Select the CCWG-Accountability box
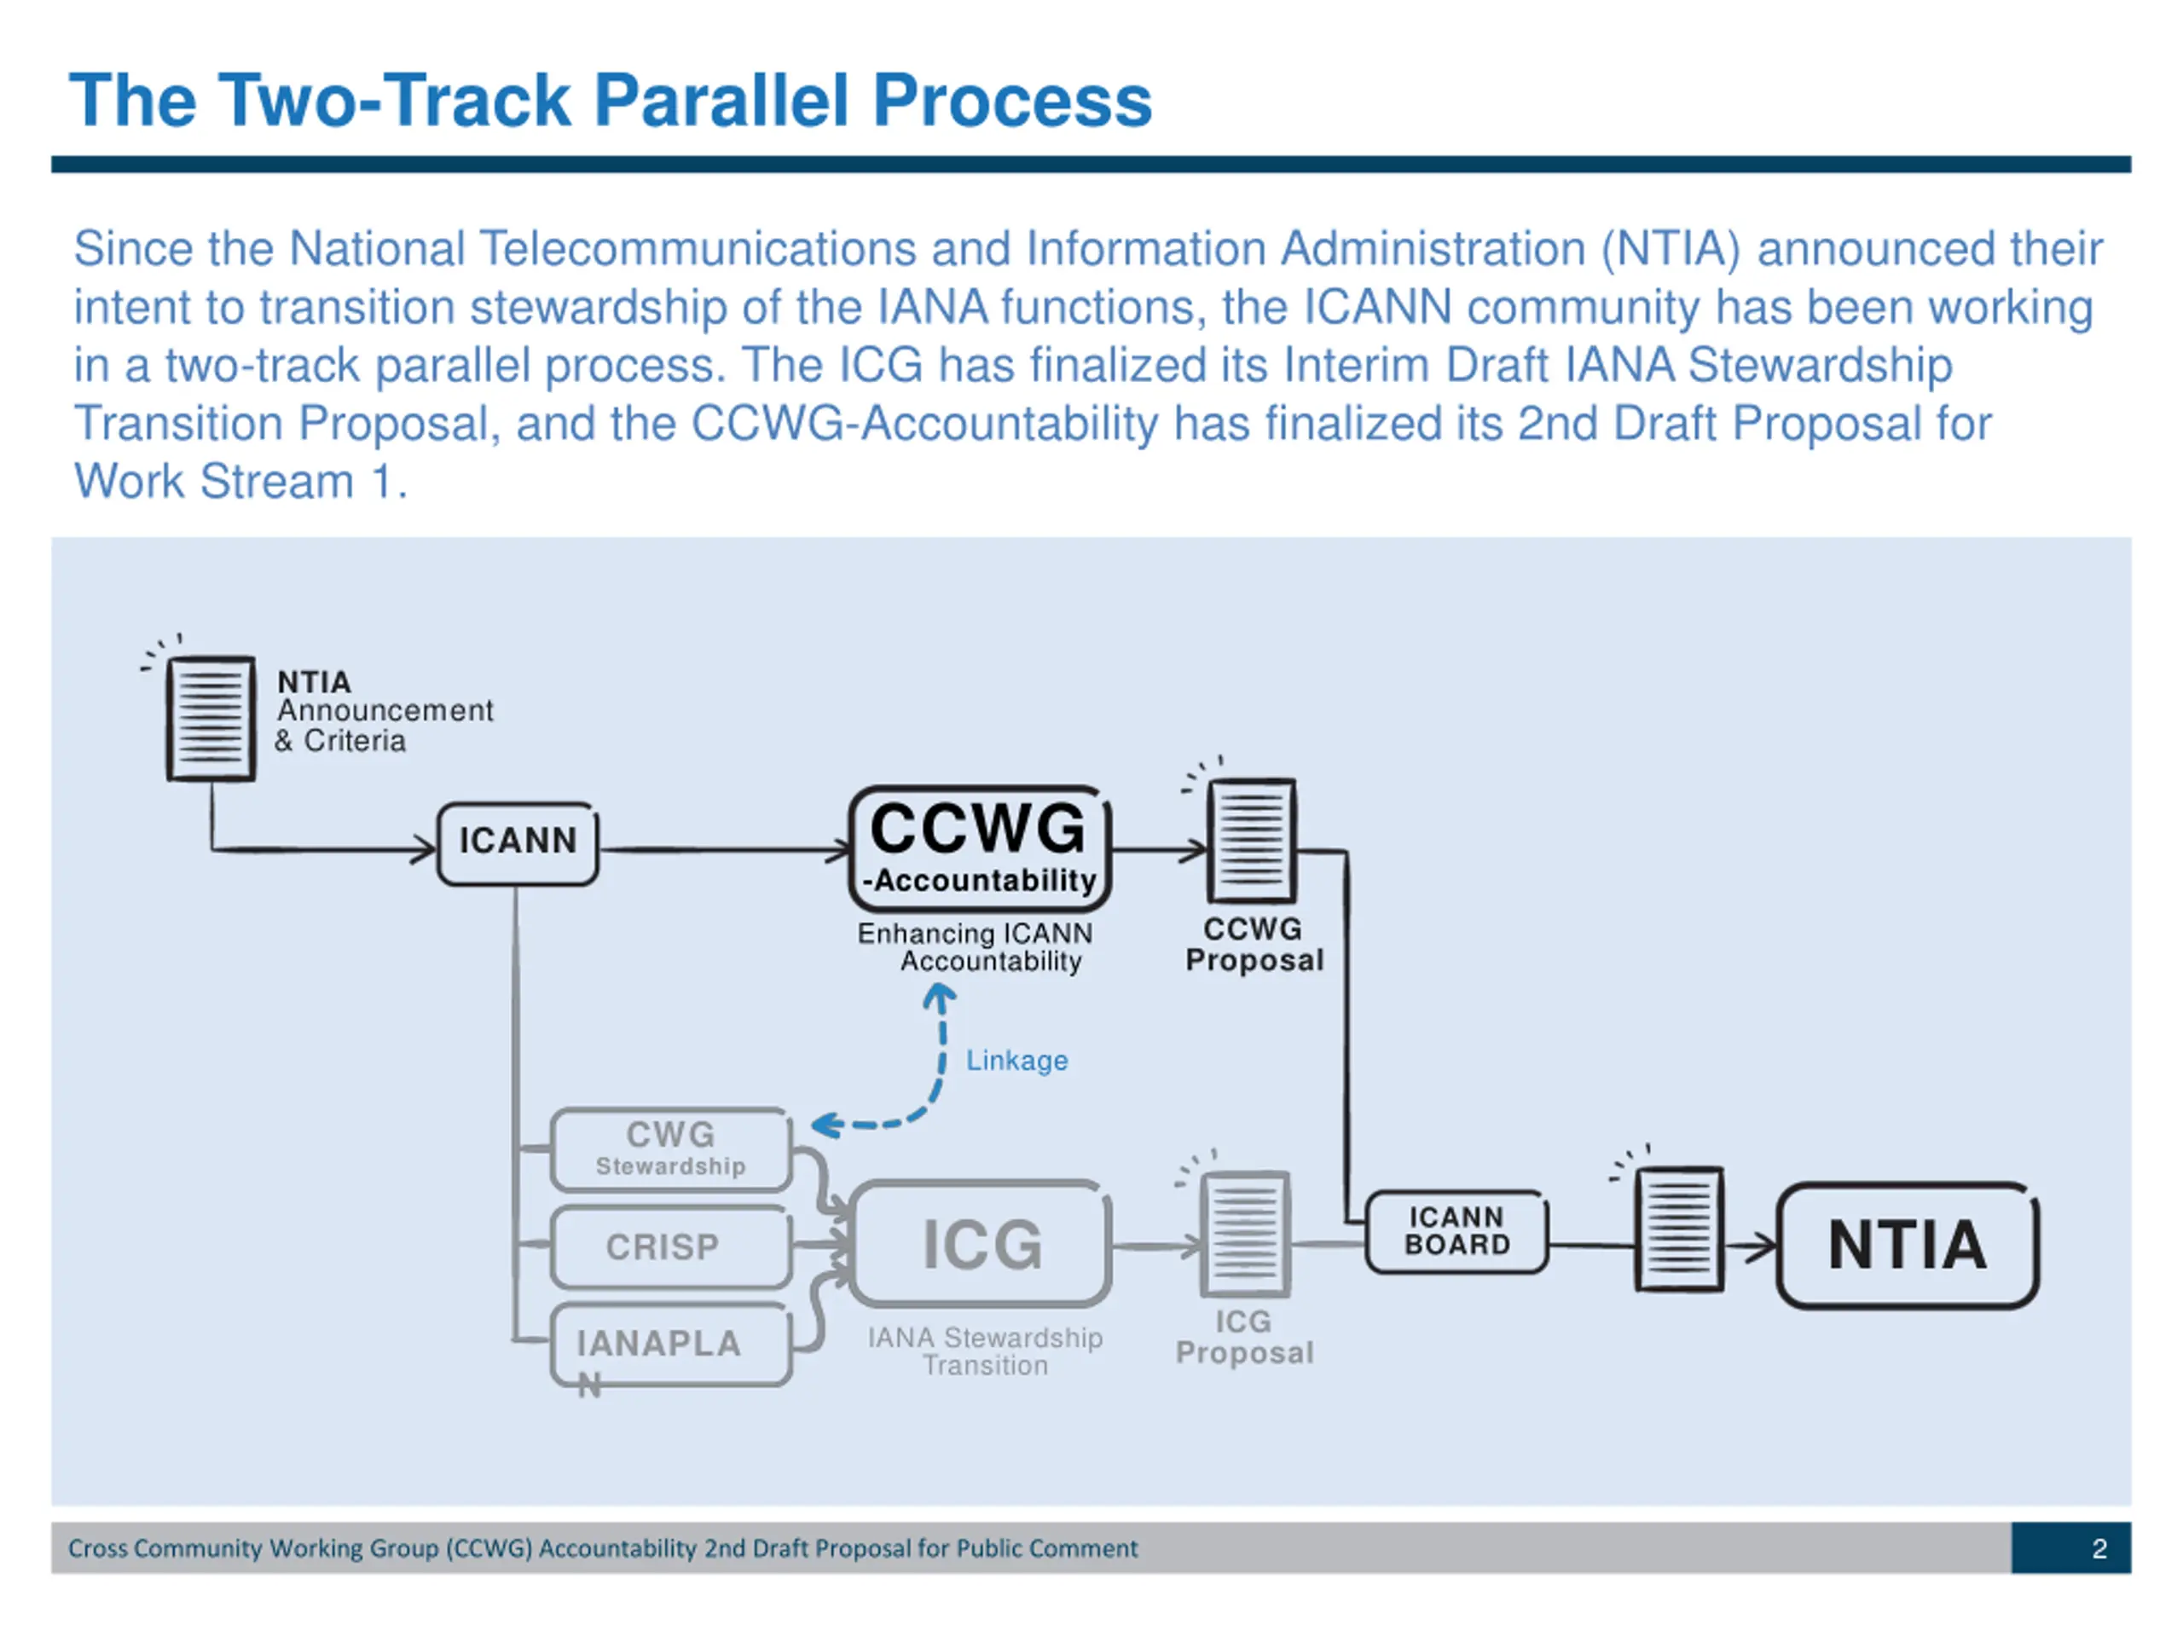pyautogui.click(x=980, y=848)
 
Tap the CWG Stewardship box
pyautogui.click(x=671, y=1149)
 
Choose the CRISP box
pyautogui.click(x=671, y=1247)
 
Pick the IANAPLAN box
pyautogui.click(x=671, y=1344)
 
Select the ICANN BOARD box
pyautogui.click(x=1456, y=1231)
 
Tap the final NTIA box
pyautogui.click(x=1908, y=1246)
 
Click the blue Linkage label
pyautogui.click(x=1016, y=1060)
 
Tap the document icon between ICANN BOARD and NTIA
pyautogui.click(x=1679, y=1229)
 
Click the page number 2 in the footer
pyautogui.click(x=2099, y=1548)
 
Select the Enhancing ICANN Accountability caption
pyautogui.click(x=975, y=947)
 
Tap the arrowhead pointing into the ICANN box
pyautogui.click(x=425, y=848)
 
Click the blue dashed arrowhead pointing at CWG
pyautogui.click(x=824, y=1125)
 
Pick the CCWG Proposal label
pyautogui.click(x=1254, y=945)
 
